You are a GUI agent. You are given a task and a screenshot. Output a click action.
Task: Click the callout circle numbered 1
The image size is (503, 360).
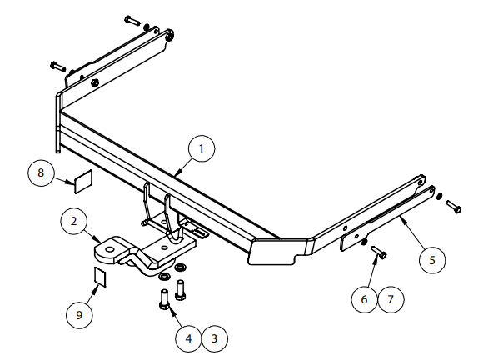coord(201,149)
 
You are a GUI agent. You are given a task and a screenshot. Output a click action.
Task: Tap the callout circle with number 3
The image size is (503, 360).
coord(214,337)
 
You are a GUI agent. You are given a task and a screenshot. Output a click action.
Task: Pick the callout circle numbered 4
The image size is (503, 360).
coord(188,337)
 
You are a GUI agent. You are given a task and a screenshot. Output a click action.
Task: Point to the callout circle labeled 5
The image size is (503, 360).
coord(431,259)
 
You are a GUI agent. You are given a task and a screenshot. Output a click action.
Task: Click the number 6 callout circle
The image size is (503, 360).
coord(363,297)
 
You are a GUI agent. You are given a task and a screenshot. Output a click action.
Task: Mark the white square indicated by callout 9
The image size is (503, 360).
coord(99,276)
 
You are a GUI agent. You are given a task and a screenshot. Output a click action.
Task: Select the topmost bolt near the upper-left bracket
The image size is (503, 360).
coord(132,19)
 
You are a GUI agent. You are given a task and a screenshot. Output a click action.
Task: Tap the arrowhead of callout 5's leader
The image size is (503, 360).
coord(401,217)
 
